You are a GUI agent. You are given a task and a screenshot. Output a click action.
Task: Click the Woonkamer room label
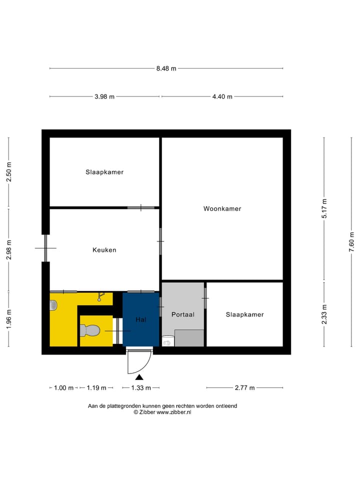[x=222, y=208]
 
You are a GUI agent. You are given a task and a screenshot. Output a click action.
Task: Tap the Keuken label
[x=104, y=249]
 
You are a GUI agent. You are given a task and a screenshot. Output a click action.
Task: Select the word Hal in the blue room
[x=140, y=319]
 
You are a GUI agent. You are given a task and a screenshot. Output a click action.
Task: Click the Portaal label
[x=182, y=314]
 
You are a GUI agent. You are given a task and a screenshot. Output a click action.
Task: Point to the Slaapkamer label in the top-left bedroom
[x=104, y=172]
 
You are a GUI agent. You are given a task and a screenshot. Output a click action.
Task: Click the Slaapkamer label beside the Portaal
[x=244, y=314]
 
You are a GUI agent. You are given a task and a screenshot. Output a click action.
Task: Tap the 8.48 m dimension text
[x=166, y=68]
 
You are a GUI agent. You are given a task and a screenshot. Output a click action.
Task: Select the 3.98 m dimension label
[x=104, y=96]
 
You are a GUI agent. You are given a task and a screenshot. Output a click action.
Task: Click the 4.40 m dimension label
[x=222, y=96]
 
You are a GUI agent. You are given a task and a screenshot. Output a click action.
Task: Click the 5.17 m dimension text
[x=324, y=208]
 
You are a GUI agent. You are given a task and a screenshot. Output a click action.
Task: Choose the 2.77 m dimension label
[x=244, y=387]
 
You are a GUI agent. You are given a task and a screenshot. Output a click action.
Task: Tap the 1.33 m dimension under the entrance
[x=140, y=387]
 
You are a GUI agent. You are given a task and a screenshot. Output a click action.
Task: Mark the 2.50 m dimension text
[x=8, y=172]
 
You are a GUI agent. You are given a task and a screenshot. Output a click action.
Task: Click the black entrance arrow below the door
[x=139, y=377]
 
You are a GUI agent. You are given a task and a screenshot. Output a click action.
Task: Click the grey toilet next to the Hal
[x=90, y=330]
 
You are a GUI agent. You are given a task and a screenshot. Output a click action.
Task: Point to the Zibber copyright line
[x=162, y=412]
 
